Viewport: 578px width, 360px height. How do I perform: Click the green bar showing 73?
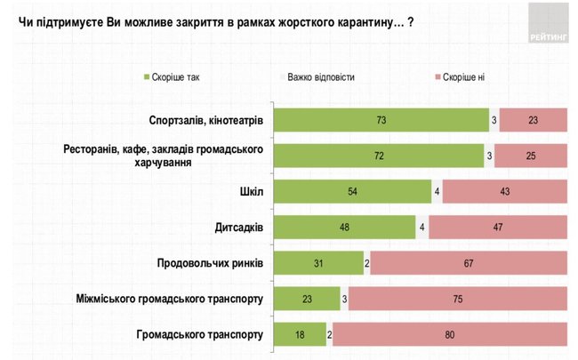(380, 119)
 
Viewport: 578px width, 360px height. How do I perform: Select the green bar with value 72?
(378, 156)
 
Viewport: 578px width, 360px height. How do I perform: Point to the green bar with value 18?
(300, 335)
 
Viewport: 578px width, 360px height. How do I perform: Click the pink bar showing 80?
(451, 335)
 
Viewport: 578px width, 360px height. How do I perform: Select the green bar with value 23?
(307, 300)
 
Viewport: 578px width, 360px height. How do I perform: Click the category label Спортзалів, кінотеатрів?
(207, 119)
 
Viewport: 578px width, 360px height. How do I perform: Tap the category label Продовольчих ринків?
(209, 263)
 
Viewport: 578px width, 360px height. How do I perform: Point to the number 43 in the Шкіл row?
(504, 191)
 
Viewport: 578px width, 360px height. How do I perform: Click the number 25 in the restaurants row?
(531, 156)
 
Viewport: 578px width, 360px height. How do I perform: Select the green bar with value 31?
(318, 263)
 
